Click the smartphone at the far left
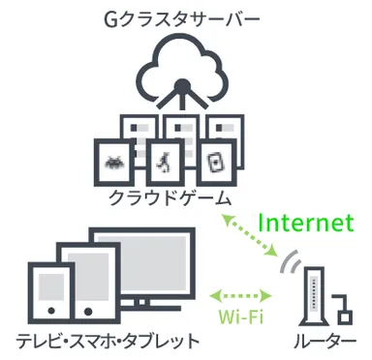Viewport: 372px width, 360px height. [44, 294]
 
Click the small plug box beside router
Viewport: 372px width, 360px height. [343, 315]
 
